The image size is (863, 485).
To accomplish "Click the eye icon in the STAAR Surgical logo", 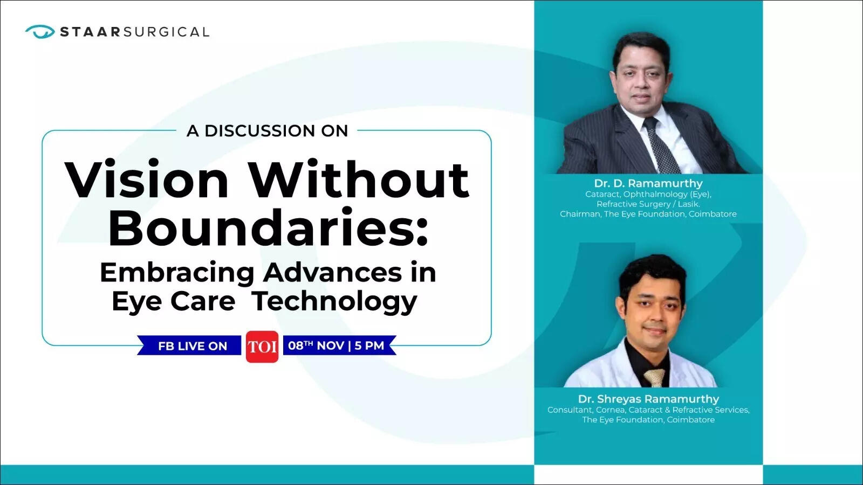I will pyautogui.click(x=40, y=31).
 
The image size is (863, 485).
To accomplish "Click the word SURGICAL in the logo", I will pyautogui.click(x=166, y=32).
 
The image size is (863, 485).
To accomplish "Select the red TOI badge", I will pyautogui.click(x=262, y=347).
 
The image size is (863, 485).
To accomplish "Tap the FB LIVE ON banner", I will pyautogui.click(x=192, y=346).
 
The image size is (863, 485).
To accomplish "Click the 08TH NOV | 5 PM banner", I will pyautogui.click(x=337, y=345).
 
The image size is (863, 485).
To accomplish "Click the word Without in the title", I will pyautogui.click(x=358, y=180).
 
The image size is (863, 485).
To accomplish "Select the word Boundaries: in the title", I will pyautogui.click(x=268, y=227).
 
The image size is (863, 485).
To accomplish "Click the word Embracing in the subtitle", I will pyautogui.click(x=177, y=273).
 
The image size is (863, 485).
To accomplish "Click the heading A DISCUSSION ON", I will pyautogui.click(x=267, y=131).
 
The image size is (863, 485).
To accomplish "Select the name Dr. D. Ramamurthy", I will pyautogui.click(x=648, y=183).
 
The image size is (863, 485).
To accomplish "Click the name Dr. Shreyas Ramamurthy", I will pyautogui.click(x=648, y=399).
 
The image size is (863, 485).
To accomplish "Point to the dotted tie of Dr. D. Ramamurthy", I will pyautogui.click(x=661, y=145).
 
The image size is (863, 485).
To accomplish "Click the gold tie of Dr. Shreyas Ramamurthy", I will pyautogui.click(x=654, y=377).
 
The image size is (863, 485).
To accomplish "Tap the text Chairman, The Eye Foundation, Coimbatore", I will pyautogui.click(x=648, y=214).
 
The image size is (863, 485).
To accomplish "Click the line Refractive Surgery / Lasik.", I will pyautogui.click(x=648, y=204).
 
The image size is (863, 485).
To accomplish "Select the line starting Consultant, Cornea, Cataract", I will pyautogui.click(x=648, y=410).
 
